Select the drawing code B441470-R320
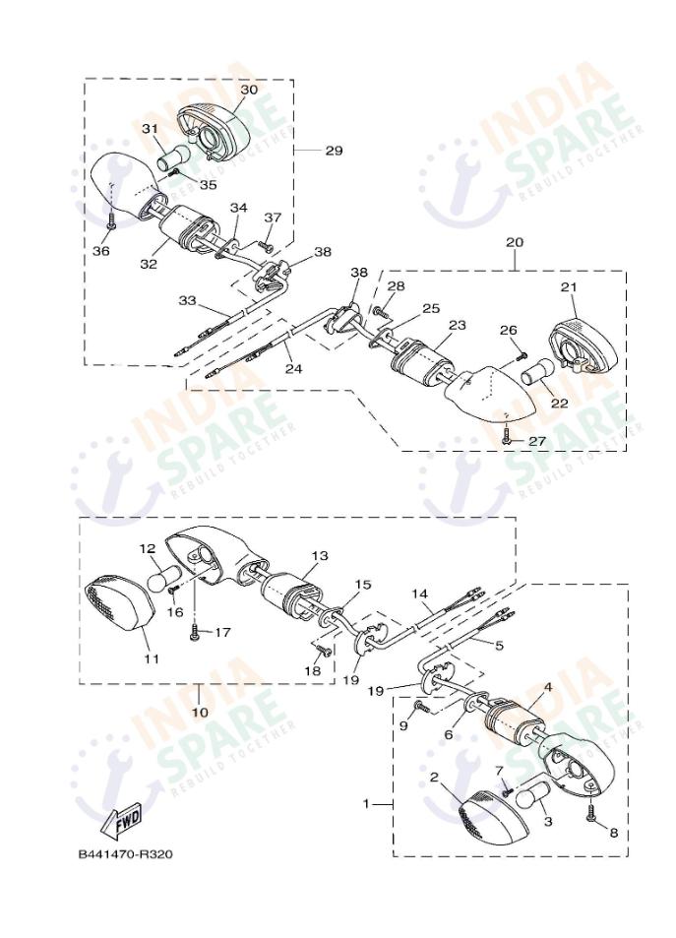click(125, 854)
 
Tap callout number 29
click(334, 151)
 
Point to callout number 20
click(515, 241)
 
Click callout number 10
click(200, 711)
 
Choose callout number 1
click(366, 804)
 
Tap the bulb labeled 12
click(163, 579)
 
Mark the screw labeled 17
click(195, 633)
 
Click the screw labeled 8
click(590, 814)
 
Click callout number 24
click(293, 370)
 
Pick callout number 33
click(188, 299)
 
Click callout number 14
click(420, 594)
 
